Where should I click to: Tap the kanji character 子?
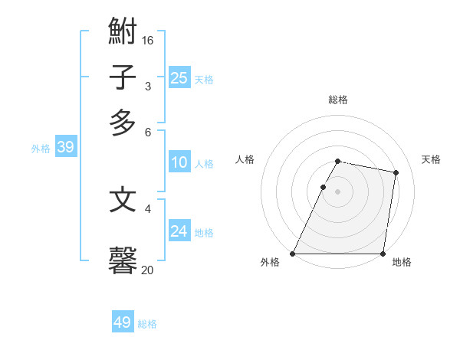pyautogui.click(x=123, y=77)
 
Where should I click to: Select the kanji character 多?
pyautogui.click(x=123, y=123)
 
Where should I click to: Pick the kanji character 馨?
pyautogui.click(x=123, y=260)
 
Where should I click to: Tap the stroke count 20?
pyautogui.click(x=147, y=270)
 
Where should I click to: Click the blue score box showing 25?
pyautogui.click(x=179, y=77)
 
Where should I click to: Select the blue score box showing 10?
pyautogui.click(x=179, y=162)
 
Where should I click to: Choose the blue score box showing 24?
pyautogui.click(x=179, y=231)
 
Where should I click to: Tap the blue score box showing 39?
pyautogui.click(x=65, y=147)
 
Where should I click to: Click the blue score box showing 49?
pyautogui.click(x=123, y=322)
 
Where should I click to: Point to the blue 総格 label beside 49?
pyautogui.click(x=147, y=324)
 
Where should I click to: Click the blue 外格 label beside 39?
pyautogui.click(x=41, y=149)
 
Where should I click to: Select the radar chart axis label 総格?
pyautogui.click(x=338, y=100)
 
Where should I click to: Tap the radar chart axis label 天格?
pyautogui.click(x=431, y=159)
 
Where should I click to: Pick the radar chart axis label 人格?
pyautogui.click(x=245, y=159)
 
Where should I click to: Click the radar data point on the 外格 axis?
pyautogui.click(x=293, y=254)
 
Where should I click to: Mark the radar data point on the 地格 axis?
pyautogui.click(x=383, y=254)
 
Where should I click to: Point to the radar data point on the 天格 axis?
pyautogui.click(x=396, y=173)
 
